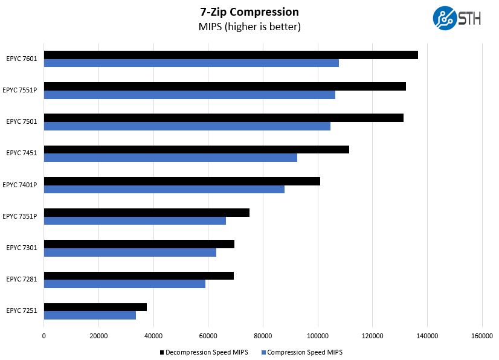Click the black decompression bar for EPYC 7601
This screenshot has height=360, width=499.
[x=231, y=55]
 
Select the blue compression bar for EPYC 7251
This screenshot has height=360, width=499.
[x=90, y=315]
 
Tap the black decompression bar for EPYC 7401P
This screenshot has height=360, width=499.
[x=182, y=181]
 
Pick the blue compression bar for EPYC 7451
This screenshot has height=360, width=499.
[x=170, y=158]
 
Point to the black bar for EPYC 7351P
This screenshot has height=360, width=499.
[x=147, y=213]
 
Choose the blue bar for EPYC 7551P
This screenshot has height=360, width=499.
[x=190, y=95]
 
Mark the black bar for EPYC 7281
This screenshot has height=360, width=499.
[x=139, y=275]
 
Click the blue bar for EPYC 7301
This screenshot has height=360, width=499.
[x=130, y=252]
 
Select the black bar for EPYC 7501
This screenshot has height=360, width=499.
[x=224, y=118]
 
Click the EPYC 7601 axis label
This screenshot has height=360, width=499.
[x=22, y=59]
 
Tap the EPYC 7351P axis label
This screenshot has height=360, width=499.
[x=20, y=216]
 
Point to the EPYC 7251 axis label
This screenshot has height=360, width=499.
[x=22, y=310]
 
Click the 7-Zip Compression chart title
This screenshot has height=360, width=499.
[x=249, y=12]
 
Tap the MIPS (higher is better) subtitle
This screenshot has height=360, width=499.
[x=249, y=27]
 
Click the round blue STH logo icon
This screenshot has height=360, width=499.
[x=444, y=18]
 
